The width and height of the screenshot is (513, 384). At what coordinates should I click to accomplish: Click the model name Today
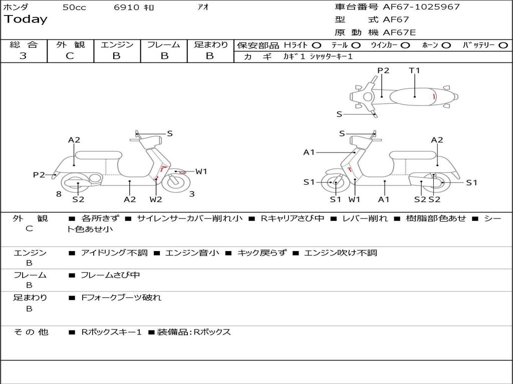tap(26, 19)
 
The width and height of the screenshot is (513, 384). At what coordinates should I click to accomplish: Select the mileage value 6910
tap(127, 7)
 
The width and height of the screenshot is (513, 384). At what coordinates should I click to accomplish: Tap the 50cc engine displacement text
tap(74, 7)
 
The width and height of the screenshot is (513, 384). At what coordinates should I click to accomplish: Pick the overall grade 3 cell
tap(23, 56)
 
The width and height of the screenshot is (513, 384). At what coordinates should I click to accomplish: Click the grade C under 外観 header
tap(70, 56)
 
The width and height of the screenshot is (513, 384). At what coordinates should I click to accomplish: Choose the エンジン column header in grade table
tap(117, 45)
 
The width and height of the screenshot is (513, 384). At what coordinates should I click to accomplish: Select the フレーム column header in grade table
tap(163, 45)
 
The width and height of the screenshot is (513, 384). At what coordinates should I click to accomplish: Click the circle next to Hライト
tap(316, 45)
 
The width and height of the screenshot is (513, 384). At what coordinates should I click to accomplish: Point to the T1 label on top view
tap(414, 70)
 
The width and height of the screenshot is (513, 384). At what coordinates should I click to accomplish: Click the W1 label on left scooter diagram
tap(201, 171)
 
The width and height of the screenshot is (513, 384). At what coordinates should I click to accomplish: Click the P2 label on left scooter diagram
tap(39, 174)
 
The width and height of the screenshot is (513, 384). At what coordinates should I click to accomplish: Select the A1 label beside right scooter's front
tap(309, 152)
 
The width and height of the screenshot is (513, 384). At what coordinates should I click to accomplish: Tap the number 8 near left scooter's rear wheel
tap(59, 194)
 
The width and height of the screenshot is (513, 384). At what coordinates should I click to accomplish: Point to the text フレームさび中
tap(110, 275)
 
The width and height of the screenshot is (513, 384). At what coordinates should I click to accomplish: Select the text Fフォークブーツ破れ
tap(121, 297)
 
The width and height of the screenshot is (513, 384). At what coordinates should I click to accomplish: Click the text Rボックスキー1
tap(111, 332)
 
